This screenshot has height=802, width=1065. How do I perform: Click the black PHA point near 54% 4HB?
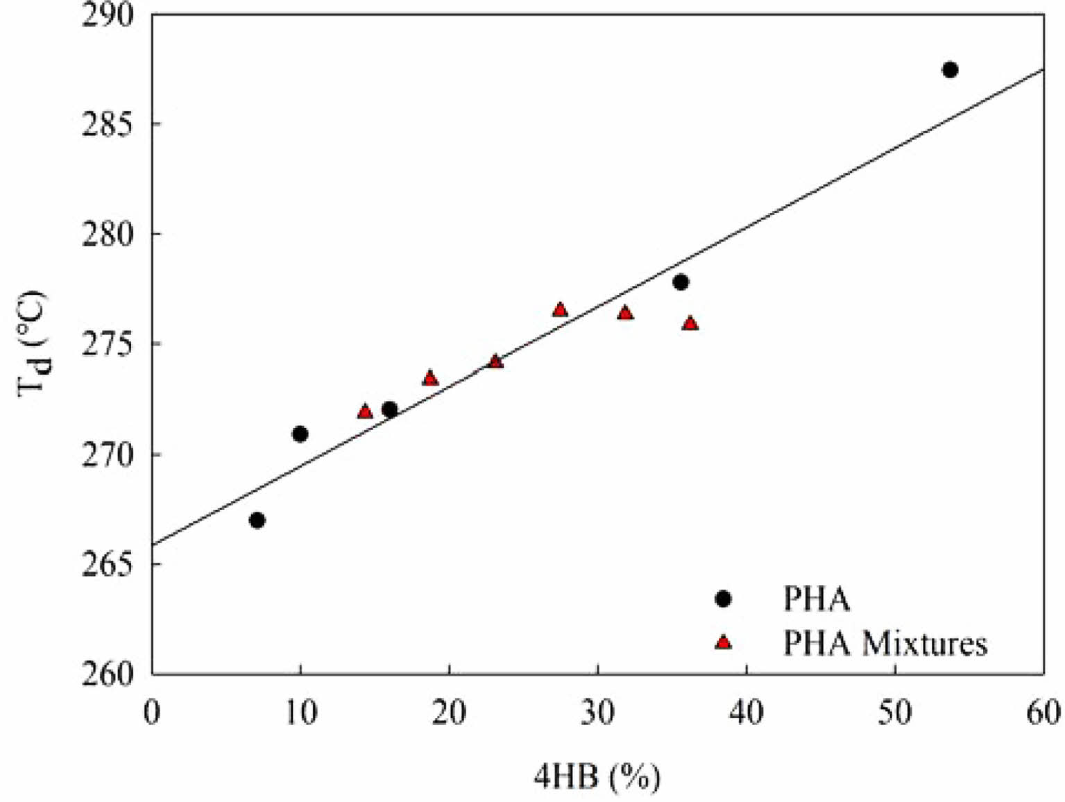[950, 69]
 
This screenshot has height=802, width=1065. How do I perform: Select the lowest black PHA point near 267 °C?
[257, 520]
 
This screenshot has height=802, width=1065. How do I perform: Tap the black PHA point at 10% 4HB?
[300, 434]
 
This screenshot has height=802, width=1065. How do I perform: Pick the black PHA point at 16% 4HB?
[390, 409]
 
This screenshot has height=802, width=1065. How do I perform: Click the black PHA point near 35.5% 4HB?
[681, 282]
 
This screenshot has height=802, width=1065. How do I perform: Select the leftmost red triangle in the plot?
[365, 412]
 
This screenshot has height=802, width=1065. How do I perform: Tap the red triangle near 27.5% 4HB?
[560, 310]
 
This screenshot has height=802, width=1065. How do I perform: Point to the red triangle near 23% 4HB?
[495, 361]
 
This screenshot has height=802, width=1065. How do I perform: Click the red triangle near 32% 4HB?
[625, 314]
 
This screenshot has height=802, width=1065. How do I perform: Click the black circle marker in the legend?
[723, 599]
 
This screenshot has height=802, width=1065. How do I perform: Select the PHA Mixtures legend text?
[885, 643]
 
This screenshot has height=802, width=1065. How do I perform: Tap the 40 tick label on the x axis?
[747, 713]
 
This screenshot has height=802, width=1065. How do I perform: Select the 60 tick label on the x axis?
[1043, 713]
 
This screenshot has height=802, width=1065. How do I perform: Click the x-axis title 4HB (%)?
[597, 777]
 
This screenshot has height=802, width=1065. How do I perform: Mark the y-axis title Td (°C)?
[33, 344]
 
